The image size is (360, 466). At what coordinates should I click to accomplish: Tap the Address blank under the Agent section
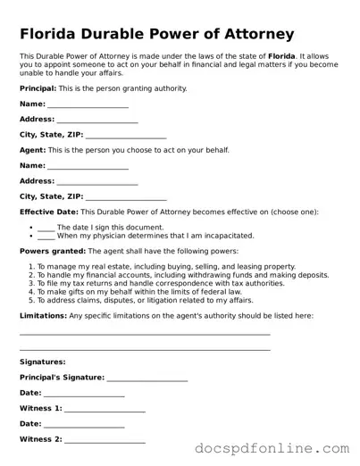click(97, 181)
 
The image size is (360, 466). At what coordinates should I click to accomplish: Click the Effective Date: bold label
click(48, 212)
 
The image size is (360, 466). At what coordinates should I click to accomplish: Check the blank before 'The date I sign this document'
click(46, 228)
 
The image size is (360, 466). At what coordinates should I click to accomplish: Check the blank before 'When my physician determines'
click(46, 236)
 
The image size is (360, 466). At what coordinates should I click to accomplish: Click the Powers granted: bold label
click(52, 251)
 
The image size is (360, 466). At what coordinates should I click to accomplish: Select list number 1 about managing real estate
click(30, 266)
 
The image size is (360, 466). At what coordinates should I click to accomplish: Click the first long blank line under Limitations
click(145, 334)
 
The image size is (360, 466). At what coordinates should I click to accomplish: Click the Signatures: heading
click(42, 362)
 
